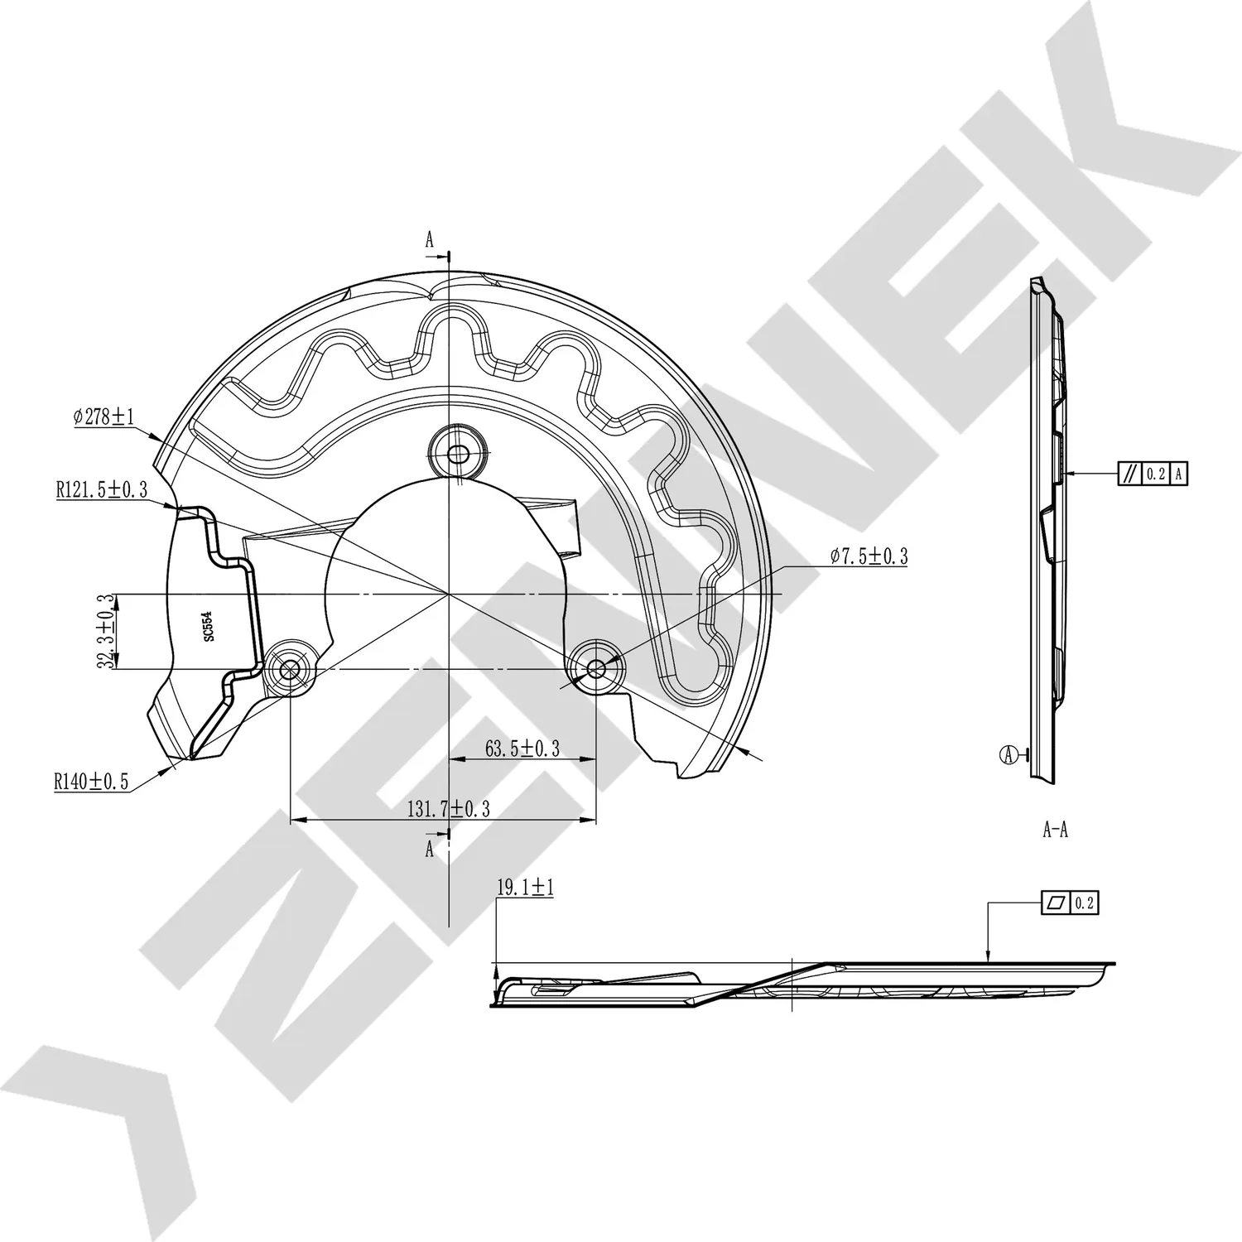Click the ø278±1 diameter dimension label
pyautogui.click(x=103, y=416)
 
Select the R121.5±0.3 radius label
pyautogui.click(x=102, y=489)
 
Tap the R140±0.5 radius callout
pyautogui.click(x=92, y=781)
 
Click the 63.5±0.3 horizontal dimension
pyautogui.click(x=522, y=749)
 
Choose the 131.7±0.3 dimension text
pyautogui.click(x=448, y=809)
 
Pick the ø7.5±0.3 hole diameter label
pyautogui.click(x=869, y=556)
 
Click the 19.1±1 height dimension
pyautogui.click(x=525, y=888)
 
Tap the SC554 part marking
pyautogui.click(x=208, y=626)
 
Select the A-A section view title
pyautogui.click(x=1055, y=830)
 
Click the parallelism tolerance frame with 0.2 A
pyautogui.click(x=1153, y=474)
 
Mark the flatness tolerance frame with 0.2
pyautogui.click(x=1070, y=903)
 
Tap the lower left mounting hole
pyautogui.click(x=290, y=669)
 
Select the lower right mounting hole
pyautogui.click(x=596, y=669)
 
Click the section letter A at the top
pyautogui.click(x=430, y=240)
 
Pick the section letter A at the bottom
pyautogui.click(x=430, y=849)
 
